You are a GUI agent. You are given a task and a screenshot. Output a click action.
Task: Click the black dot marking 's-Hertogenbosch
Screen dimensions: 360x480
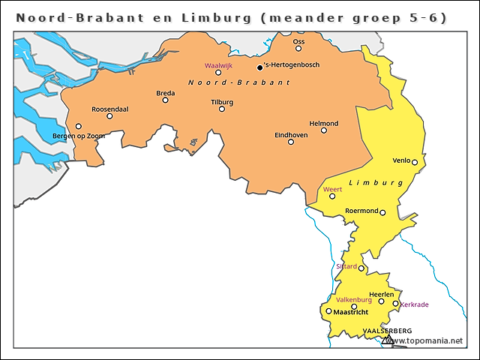(x=259, y=67)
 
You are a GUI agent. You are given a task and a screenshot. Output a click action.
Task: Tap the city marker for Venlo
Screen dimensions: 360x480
(x=414, y=162)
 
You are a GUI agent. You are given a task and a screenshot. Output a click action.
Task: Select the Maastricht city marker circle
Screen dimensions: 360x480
(x=328, y=310)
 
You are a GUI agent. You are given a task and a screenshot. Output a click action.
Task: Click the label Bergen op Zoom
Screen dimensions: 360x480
(x=79, y=136)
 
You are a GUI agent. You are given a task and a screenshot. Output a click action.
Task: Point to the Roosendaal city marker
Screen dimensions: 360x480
(x=109, y=116)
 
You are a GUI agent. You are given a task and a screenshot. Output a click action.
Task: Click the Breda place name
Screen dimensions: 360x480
(x=165, y=93)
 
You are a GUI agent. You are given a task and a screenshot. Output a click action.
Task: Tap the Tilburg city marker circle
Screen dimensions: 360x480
(x=222, y=109)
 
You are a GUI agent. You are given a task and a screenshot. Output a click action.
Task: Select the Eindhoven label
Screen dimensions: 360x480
(x=291, y=134)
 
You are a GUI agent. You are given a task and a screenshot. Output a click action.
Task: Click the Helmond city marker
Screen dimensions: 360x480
(x=324, y=130)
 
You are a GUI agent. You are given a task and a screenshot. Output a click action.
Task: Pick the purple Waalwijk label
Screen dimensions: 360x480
(x=218, y=65)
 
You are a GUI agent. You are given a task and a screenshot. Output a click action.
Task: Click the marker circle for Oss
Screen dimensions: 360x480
(x=298, y=49)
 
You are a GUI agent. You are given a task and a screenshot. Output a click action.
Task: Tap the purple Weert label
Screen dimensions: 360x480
(x=332, y=189)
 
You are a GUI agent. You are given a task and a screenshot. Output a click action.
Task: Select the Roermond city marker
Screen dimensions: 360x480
(x=382, y=213)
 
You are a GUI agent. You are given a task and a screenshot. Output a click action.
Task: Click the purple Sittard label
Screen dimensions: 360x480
(x=346, y=265)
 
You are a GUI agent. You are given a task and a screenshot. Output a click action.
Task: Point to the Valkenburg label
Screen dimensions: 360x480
(x=354, y=299)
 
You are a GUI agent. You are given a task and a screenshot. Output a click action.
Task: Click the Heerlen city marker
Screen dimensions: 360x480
(x=381, y=301)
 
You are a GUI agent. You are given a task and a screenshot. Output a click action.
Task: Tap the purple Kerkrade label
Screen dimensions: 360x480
(x=415, y=304)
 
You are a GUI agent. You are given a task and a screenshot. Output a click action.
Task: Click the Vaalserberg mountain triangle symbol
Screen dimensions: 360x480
(x=387, y=340)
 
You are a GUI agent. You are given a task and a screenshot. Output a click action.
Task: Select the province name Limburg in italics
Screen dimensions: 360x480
(x=370, y=182)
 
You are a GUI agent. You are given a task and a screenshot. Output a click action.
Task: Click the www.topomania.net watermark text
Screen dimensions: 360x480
(x=430, y=340)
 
